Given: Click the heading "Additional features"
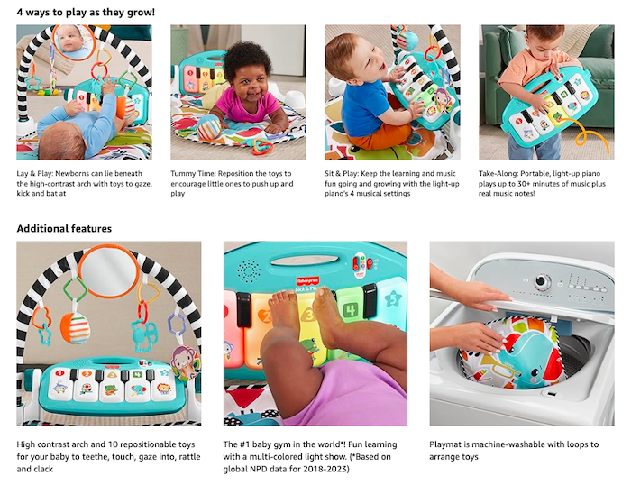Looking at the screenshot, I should (x=64, y=229).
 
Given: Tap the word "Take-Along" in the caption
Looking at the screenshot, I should (x=501, y=172).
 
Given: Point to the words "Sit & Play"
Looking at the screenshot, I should (x=345, y=172).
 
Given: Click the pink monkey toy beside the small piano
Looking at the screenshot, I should (x=183, y=361).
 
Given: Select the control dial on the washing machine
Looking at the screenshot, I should (x=542, y=281).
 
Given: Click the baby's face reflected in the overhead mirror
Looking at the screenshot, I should (x=69, y=38).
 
